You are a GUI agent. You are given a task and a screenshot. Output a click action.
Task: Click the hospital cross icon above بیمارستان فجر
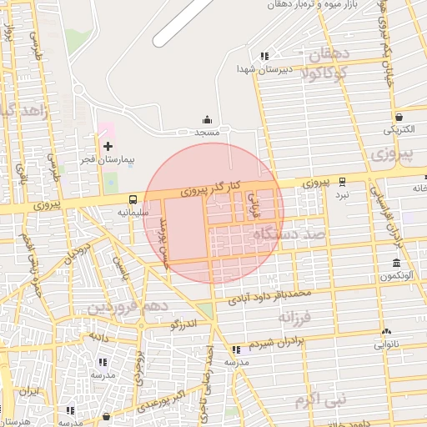108,146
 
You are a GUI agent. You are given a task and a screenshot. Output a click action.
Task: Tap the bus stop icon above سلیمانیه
133,199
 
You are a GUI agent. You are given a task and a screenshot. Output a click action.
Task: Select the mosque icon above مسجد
207,120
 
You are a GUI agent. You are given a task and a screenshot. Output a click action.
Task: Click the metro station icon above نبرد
342,181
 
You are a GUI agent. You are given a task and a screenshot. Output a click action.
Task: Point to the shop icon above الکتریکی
399,117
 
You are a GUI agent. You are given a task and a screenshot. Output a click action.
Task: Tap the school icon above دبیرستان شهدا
264,56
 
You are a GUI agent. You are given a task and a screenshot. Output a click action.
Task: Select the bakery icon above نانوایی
386,331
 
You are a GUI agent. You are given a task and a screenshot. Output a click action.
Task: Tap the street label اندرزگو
183,324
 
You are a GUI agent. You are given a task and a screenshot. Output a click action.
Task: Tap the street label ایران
31,390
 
